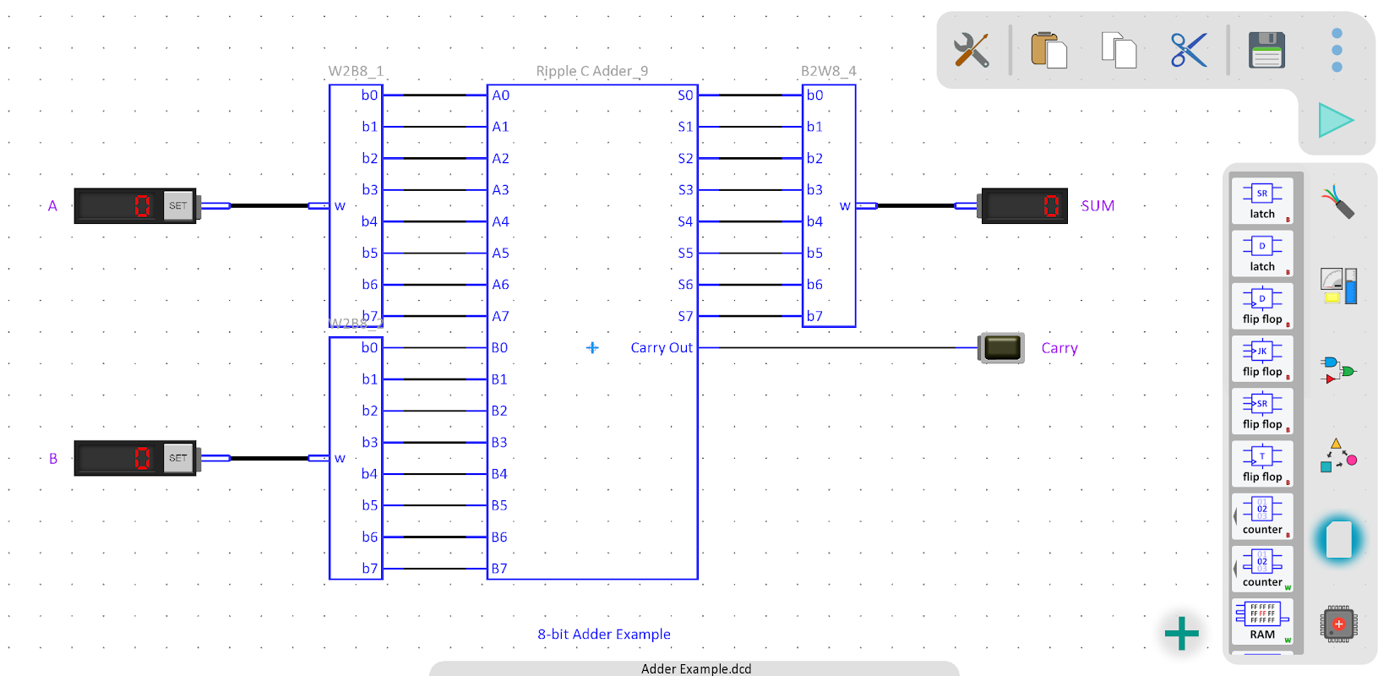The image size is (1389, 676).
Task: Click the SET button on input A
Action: [x=178, y=205]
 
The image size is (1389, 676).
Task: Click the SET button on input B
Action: [x=178, y=458]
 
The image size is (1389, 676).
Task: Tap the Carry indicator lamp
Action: [x=1002, y=348]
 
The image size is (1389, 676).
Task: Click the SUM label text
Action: [x=1098, y=206]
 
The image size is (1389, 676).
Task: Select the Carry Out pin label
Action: [x=662, y=348]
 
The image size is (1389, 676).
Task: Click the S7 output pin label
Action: [x=685, y=316]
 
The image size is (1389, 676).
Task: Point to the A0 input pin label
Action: [x=501, y=95]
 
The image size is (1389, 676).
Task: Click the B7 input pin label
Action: [x=499, y=569]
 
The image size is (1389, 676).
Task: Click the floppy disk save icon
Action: [x=1266, y=51]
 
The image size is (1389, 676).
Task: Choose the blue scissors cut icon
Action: [x=1189, y=51]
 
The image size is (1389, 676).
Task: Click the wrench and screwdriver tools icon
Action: [x=972, y=51]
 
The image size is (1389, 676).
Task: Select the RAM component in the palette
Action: [x=1262, y=621]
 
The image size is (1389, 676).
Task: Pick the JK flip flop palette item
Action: [x=1262, y=358]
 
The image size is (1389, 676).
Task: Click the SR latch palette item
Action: [x=1262, y=201]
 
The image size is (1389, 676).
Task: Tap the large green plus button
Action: [x=1181, y=633]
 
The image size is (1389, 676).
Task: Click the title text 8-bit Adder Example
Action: [x=604, y=635]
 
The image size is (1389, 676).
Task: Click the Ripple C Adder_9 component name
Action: [x=591, y=72]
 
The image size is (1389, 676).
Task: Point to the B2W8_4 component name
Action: [x=828, y=72]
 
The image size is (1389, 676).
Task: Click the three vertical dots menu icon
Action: [x=1337, y=51]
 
